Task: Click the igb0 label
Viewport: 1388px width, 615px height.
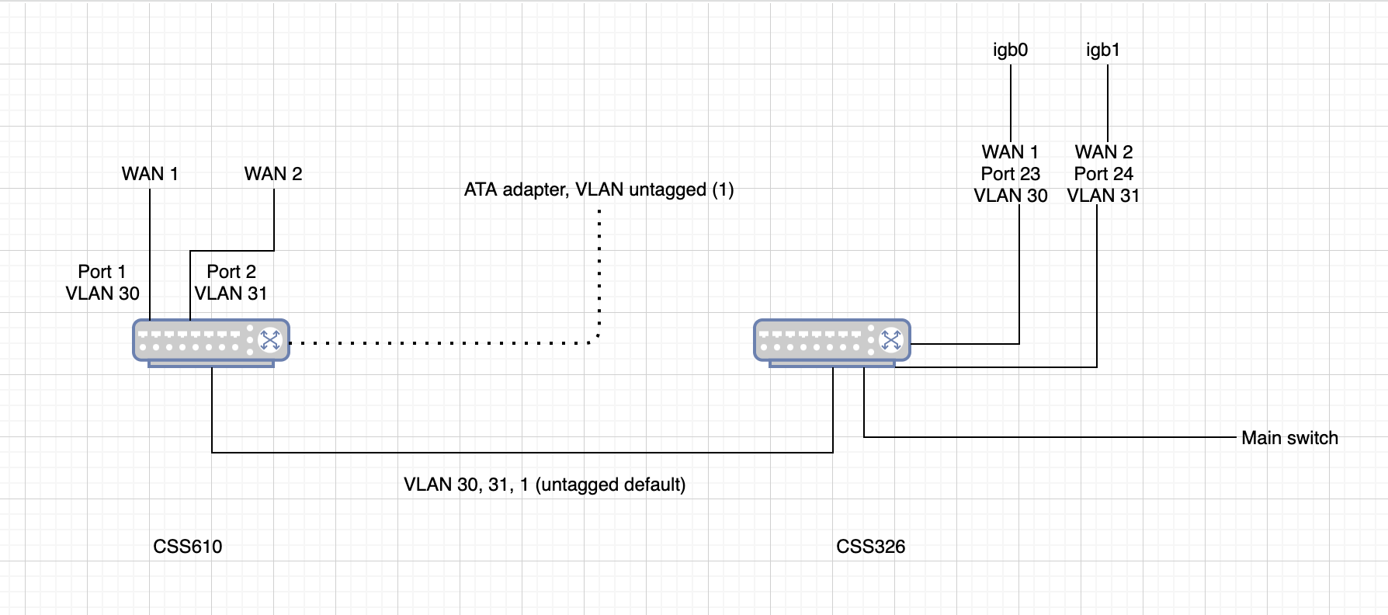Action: coord(1010,50)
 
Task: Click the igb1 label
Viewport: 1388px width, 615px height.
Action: coord(1102,50)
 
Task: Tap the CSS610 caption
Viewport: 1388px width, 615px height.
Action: coord(188,547)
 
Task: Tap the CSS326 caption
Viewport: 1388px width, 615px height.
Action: coord(870,547)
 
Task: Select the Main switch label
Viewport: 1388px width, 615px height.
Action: coord(1289,438)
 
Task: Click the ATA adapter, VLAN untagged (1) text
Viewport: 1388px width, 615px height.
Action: coord(599,189)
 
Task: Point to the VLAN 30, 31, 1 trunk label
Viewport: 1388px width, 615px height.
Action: coord(544,485)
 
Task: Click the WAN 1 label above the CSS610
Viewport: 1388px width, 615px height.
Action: coord(150,174)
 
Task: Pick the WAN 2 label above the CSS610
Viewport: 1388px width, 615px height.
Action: coord(273,174)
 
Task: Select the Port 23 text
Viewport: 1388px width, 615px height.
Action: coord(1010,174)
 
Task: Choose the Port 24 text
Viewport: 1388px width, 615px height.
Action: coord(1103,174)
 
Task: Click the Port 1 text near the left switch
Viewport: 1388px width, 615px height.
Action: coord(102,272)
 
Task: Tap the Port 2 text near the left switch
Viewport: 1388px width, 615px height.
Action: coord(231,272)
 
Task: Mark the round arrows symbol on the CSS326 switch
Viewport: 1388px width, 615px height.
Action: coord(890,339)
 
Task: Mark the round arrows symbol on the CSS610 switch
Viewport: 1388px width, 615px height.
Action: coord(269,339)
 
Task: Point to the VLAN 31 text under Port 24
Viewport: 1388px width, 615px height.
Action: coord(1103,196)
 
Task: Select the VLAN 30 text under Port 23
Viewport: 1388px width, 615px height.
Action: coord(1010,196)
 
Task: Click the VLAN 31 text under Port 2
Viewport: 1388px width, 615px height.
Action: coord(231,294)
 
